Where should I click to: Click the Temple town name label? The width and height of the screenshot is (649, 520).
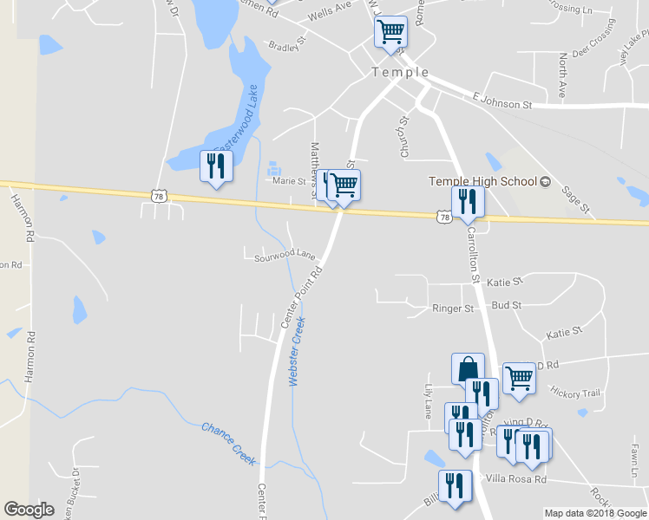pos(400,73)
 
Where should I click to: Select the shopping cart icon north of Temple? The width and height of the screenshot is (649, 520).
pos(390,32)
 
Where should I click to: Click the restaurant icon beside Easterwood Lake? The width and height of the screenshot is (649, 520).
pos(216,166)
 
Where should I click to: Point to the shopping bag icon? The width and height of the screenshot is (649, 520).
pos(468,368)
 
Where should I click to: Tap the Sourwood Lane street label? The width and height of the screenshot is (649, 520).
pos(285,256)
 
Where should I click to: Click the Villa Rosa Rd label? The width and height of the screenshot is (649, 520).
pos(515,479)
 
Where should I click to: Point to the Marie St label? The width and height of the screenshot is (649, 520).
pos(290,181)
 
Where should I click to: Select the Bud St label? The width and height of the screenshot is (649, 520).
pos(506,306)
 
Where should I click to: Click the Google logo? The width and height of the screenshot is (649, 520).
pos(29,510)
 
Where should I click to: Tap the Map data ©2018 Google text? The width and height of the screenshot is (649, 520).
pos(595,513)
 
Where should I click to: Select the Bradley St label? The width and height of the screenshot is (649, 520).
pos(288,43)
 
